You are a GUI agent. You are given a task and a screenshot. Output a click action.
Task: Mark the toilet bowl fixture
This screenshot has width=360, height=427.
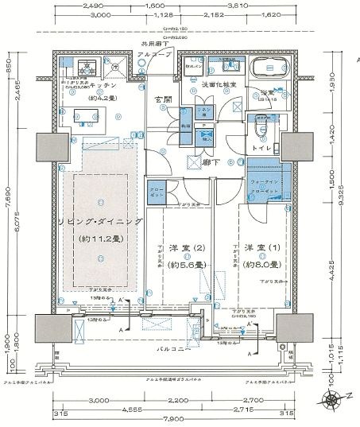[x=260, y=128]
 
